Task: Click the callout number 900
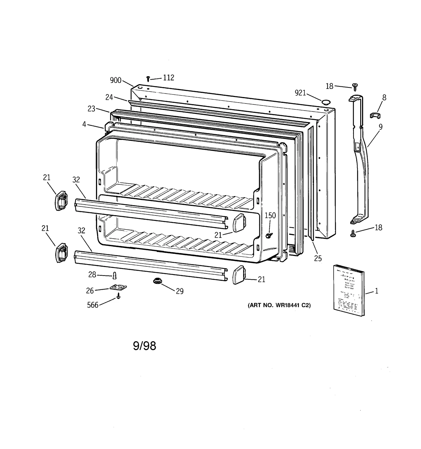click(x=116, y=80)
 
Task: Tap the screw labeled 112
click(x=148, y=78)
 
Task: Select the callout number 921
click(x=300, y=93)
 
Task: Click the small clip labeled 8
click(x=375, y=115)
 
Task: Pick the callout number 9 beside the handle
click(x=380, y=127)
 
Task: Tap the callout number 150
click(x=270, y=215)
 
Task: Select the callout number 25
click(x=318, y=259)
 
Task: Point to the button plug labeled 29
click(x=157, y=281)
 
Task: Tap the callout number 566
click(x=93, y=305)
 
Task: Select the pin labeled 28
click(x=114, y=275)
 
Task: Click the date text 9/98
click(x=144, y=346)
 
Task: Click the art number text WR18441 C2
click(x=279, y=305)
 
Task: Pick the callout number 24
click(x=109, y=97)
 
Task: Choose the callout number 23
click(x=91, y=109)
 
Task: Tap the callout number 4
click(x=84, y=124)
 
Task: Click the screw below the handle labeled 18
click(x=353, y=233)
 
